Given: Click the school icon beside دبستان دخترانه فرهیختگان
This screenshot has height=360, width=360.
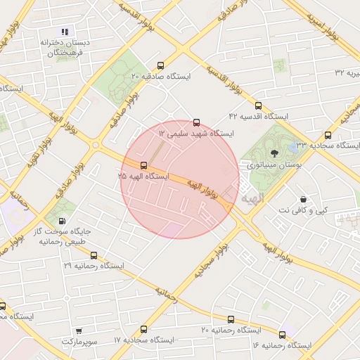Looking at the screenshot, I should tap(65, 32).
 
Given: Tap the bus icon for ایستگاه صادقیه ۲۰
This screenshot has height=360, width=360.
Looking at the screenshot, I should tap(161, 65).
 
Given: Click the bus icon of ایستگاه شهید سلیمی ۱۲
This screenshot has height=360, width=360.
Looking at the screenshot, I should tap(196, 122).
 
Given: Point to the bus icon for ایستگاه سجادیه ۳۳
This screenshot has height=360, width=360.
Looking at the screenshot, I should tap(328, 135).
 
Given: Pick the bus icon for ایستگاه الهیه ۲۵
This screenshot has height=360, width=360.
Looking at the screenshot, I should tap(144, 165).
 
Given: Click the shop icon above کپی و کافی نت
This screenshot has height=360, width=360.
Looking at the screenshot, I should tap(303, 199).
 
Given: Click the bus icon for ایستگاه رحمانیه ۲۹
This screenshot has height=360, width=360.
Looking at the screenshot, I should tap(94, 256).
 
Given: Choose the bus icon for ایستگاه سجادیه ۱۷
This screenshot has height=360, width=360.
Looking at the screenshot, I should tap(144, 329).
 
